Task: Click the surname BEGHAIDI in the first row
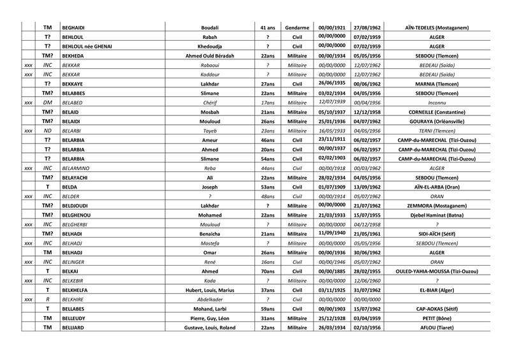click(75, 28)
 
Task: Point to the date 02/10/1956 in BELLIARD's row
click(367, 328)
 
